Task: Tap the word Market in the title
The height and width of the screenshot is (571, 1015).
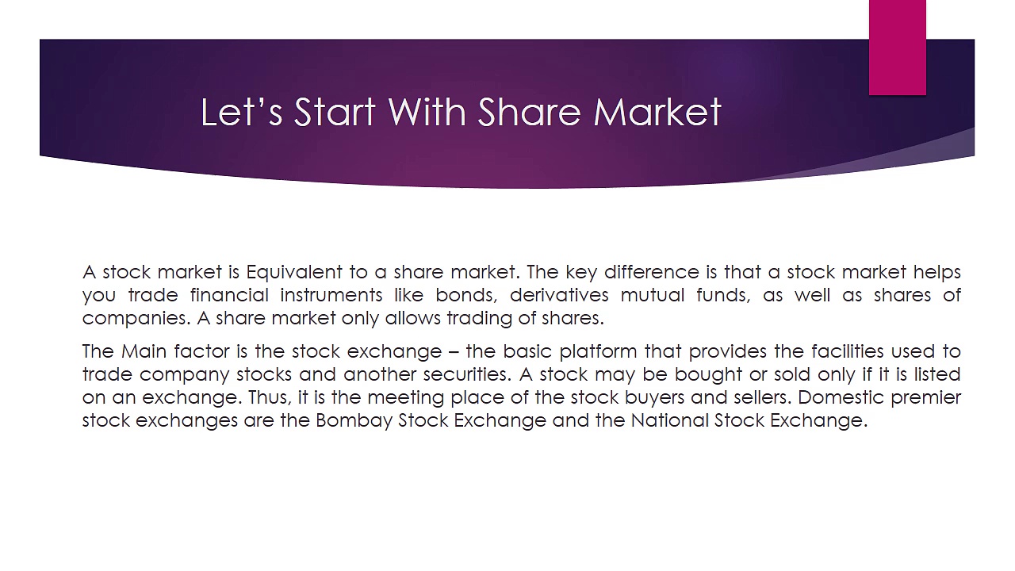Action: [657, 112]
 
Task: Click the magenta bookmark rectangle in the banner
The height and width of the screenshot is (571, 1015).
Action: [897, 48]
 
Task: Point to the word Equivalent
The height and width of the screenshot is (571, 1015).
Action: [294, 272]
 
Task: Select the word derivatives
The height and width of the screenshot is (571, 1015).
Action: [560, 295]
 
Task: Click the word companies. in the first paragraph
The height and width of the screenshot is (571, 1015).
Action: [136, 318]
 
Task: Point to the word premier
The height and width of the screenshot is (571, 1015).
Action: [925, 397]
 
